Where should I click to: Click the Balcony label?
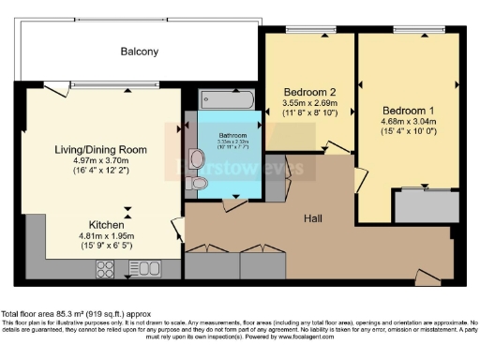[139, 52]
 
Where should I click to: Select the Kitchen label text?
[99, 225]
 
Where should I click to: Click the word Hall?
[315, 217]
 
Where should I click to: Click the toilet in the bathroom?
[202, 184]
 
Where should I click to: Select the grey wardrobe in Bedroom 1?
[421, 205]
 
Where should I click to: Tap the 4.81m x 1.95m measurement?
[99, 236]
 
